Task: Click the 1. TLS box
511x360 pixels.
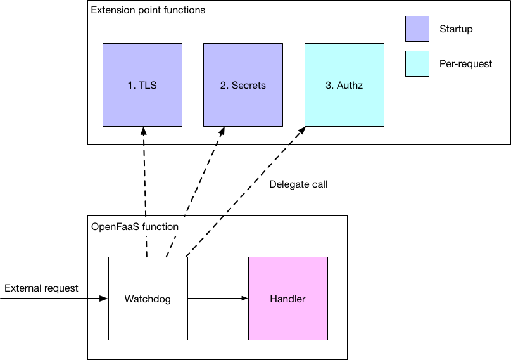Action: coord(142,85)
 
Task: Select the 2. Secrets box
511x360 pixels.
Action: coord(243,85)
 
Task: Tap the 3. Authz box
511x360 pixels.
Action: coord(344,85)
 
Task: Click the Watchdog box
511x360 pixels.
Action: coord(148,298)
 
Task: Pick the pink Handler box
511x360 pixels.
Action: coord(287,298)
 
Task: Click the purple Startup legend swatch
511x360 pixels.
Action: coord(417,29)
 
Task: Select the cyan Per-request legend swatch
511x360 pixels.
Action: coord(417,63)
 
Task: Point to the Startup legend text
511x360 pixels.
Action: coord(455,29)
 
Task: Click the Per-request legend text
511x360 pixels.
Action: coord(465,64)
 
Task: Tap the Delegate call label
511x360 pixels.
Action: coord(298,184)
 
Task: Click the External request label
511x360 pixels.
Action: coord(41,288)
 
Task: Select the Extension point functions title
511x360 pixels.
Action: coord(148,11)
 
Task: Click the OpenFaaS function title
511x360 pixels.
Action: coord(134,226)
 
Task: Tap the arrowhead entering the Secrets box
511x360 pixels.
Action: coord(222,131)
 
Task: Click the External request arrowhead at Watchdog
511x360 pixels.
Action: coord(104,298)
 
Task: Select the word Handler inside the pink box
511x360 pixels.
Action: coord(287,299)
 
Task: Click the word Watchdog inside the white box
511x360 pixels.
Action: coord(148,299)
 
